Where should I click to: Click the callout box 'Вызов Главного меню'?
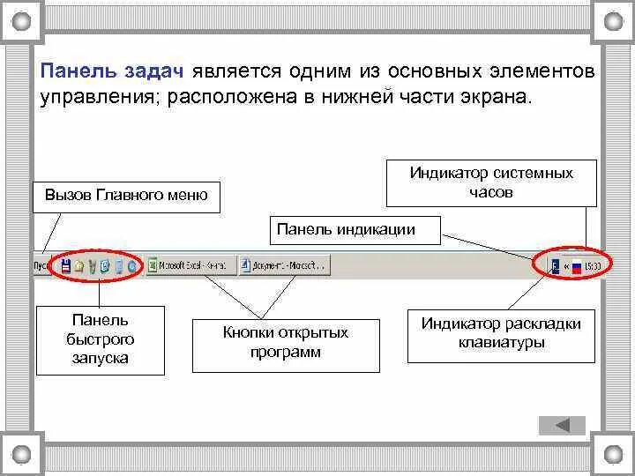click(126, 195)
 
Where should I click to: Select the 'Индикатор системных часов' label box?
click(491, 182)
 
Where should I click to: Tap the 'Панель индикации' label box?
click(357, 229)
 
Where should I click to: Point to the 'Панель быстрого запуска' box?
click(100, 339)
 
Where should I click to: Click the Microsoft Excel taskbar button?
click(190, 264)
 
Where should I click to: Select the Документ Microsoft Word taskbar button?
click(284, 264)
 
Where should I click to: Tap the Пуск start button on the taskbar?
click(41, 264)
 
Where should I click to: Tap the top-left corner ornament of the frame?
click(20, 19)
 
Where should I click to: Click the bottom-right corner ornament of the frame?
click(614, 455)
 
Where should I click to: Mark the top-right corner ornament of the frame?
click(614, 19)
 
